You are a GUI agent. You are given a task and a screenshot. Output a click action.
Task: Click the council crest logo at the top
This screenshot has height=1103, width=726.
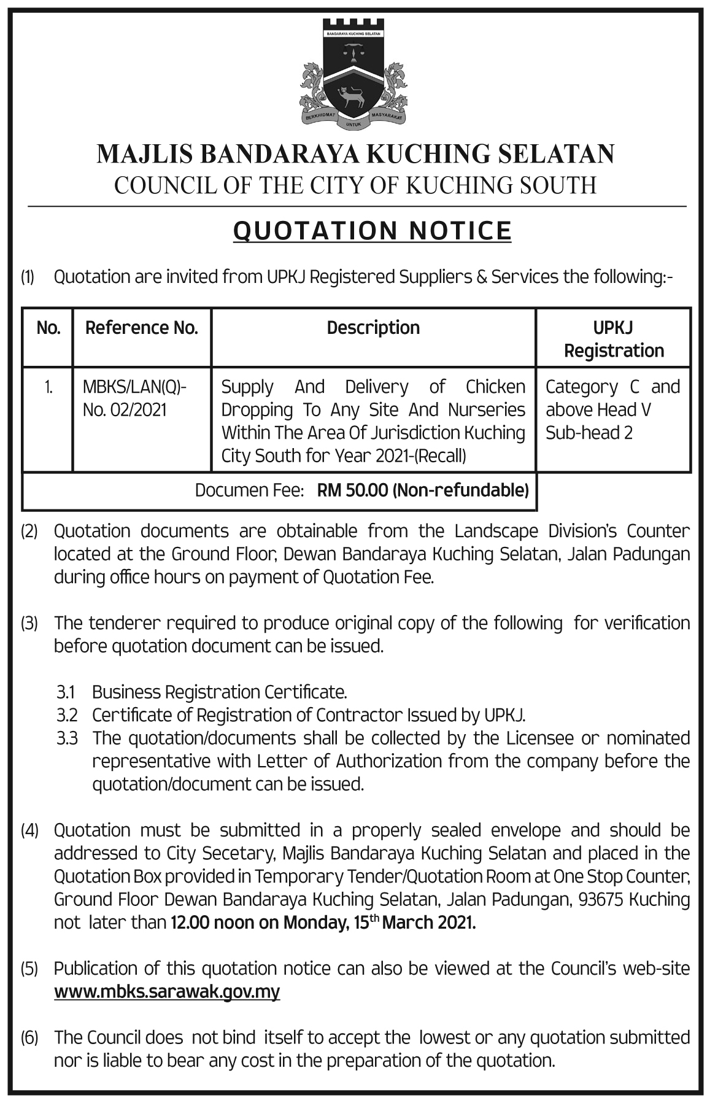pos(354,75)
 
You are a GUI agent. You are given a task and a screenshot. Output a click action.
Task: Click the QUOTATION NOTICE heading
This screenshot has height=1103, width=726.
pos(373,231)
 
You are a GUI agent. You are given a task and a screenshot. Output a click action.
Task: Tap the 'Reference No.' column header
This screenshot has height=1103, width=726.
pos(142,328)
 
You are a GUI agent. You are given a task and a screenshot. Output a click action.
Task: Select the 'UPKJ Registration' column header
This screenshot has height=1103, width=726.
pos(614,339)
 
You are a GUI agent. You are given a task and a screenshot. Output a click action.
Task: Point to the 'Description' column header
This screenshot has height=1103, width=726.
pos(373,328)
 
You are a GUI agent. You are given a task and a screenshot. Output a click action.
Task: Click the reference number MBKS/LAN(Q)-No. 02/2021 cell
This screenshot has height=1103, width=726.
pos(134,398)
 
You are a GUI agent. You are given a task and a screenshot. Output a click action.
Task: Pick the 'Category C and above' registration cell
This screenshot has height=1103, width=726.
pos(612,409)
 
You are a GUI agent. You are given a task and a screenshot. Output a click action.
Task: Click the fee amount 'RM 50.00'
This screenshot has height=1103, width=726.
pos(352,490)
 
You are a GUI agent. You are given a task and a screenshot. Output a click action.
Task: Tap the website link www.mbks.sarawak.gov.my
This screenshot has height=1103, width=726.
pos(167,992)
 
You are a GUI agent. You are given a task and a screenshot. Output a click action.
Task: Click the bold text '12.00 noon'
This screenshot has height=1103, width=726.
pos(212,923)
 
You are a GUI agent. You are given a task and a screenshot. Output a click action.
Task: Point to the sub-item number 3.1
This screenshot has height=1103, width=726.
pos(66,692)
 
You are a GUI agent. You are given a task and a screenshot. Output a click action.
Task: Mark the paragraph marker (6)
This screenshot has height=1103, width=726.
pos(29,1039)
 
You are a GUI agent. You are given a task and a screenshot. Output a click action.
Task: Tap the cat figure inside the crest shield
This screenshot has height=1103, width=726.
pos(353,96)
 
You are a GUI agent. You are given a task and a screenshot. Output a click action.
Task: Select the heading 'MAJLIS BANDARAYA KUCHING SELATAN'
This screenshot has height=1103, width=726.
pos(355,154)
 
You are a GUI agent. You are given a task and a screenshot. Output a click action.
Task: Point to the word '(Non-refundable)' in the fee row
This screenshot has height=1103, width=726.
pos(461,490)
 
